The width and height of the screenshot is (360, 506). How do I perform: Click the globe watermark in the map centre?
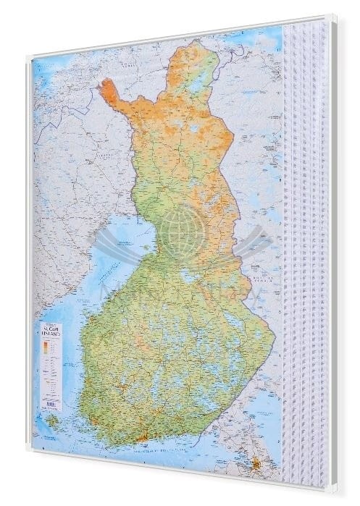(180, 231)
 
